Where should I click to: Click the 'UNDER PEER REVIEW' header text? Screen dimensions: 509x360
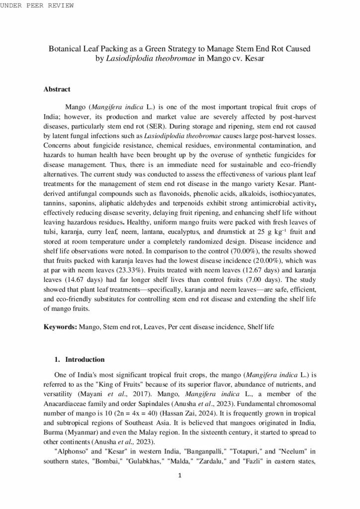click(37, 5)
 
